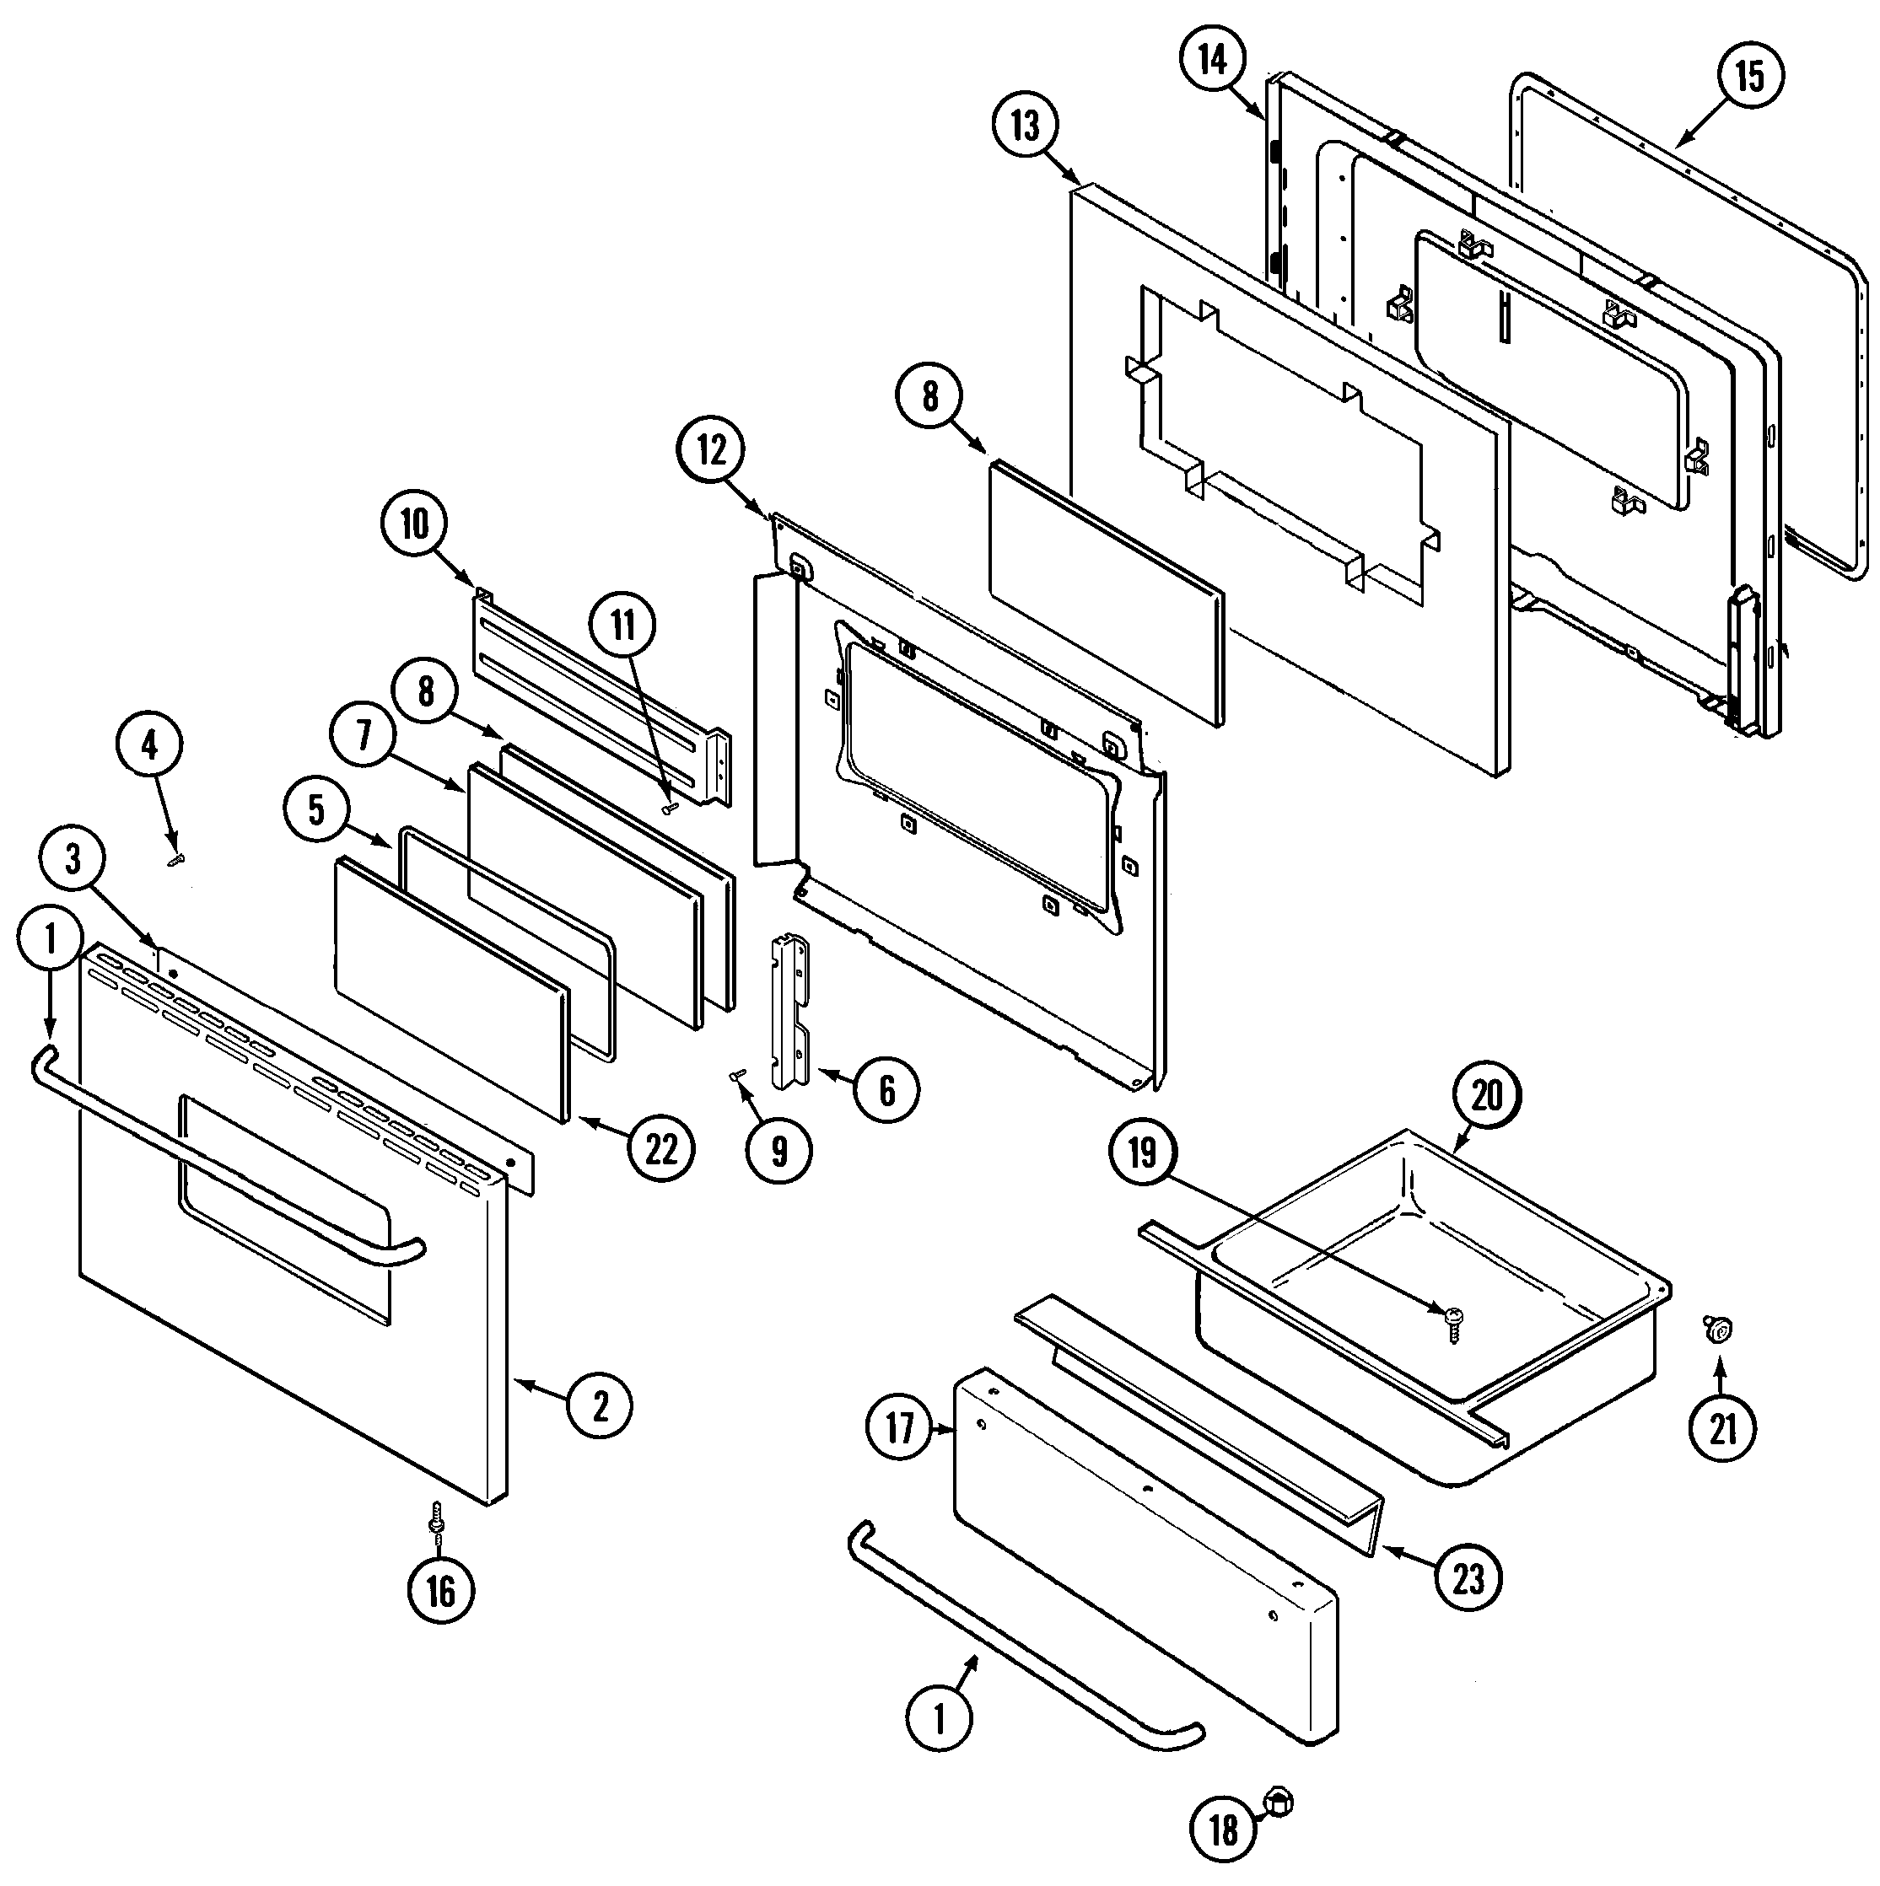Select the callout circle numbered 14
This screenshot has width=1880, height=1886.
tap(1212, 61)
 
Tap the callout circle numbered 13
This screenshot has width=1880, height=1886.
tap(1026, 125)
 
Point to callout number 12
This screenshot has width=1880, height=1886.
tap(712, 451)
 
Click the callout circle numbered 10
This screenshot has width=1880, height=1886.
tap(415, 524)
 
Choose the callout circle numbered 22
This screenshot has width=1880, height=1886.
tap(661, 1149)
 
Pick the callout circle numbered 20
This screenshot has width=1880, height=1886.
tap(1486, 1095)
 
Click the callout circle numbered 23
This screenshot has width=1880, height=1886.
tap(1468, 1578)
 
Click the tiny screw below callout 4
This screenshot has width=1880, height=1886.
tap(175, 860)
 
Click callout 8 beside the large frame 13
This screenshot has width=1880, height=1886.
tap(929, 396)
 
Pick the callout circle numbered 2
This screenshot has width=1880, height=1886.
tap(600, 1405)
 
